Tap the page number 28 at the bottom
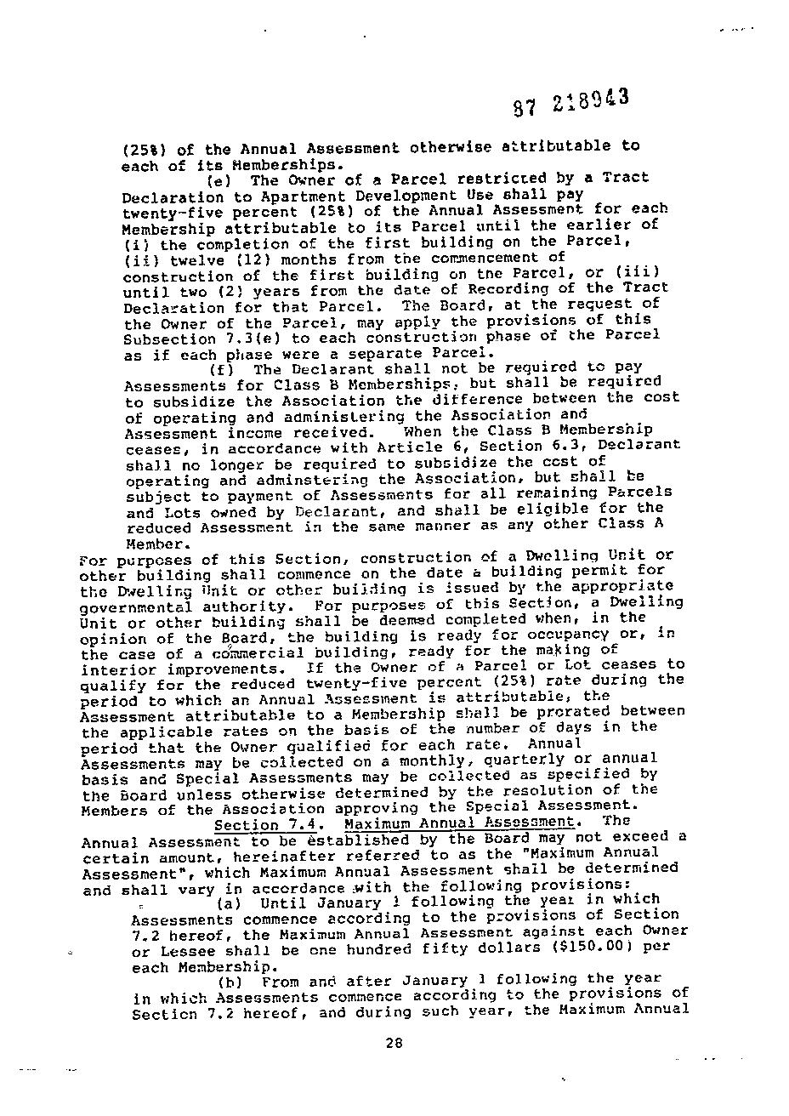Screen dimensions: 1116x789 pyautogui.click(x=393, y=1044)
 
